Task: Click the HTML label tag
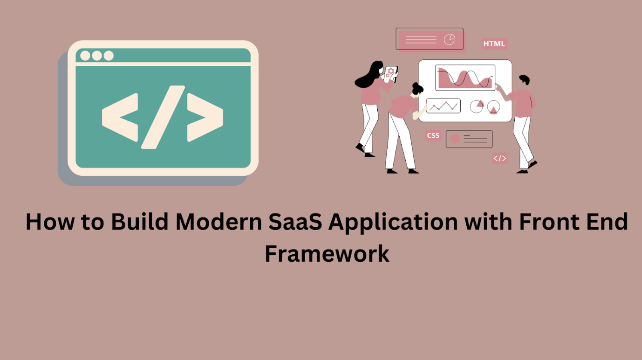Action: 494,43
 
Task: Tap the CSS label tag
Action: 433,135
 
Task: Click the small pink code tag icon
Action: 500,158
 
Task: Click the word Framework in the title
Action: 327,253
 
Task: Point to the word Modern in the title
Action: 219,222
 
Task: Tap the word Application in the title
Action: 393,223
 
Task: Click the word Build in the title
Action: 140,221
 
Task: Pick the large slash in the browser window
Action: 163,117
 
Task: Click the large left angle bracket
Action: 120,117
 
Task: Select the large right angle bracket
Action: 205,117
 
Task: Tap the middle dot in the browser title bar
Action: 97,55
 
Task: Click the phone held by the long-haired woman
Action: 390,74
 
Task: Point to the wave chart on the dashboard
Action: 465,78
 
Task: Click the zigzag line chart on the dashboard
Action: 443,106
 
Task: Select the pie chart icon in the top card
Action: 449,40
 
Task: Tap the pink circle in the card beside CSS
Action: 456,138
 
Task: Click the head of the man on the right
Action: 525,79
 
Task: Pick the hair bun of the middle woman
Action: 416,85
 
